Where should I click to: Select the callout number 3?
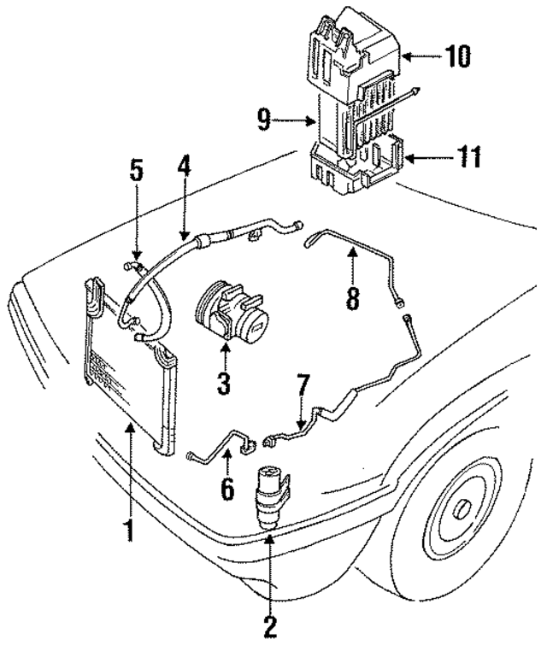click(x=224, y=382)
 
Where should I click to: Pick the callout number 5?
click(x=136, y=169)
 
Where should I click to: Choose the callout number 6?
click(x=228, y=490)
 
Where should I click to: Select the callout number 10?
click(x=458, y=57)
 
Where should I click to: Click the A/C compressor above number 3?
click(x=233, y=314)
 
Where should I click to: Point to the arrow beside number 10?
click(x=418, y=57)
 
